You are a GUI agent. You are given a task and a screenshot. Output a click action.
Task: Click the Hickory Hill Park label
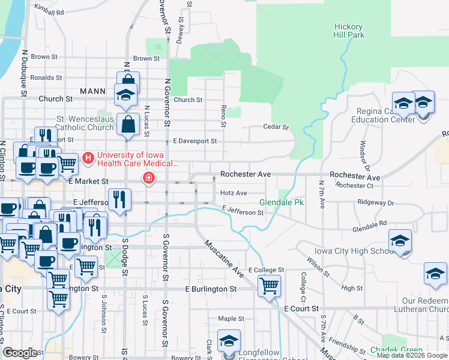coord(348,31)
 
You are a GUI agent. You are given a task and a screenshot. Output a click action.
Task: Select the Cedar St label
coord(276,127)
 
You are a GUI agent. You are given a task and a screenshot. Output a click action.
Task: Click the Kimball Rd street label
coord(49,12)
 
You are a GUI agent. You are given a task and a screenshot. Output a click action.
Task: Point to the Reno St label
coord(223,117)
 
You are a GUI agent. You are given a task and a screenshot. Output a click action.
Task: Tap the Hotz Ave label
coord(234,193)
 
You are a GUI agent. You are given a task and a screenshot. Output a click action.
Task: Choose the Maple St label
coord(232,319)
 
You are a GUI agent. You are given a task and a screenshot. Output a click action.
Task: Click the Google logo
coord(20,353)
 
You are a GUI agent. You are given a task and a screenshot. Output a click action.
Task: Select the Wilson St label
coord(319,265)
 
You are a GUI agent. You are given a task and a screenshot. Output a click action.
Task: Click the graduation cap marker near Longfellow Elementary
coord(229,341)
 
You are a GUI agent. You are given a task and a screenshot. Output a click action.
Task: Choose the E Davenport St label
coord(194,141)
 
